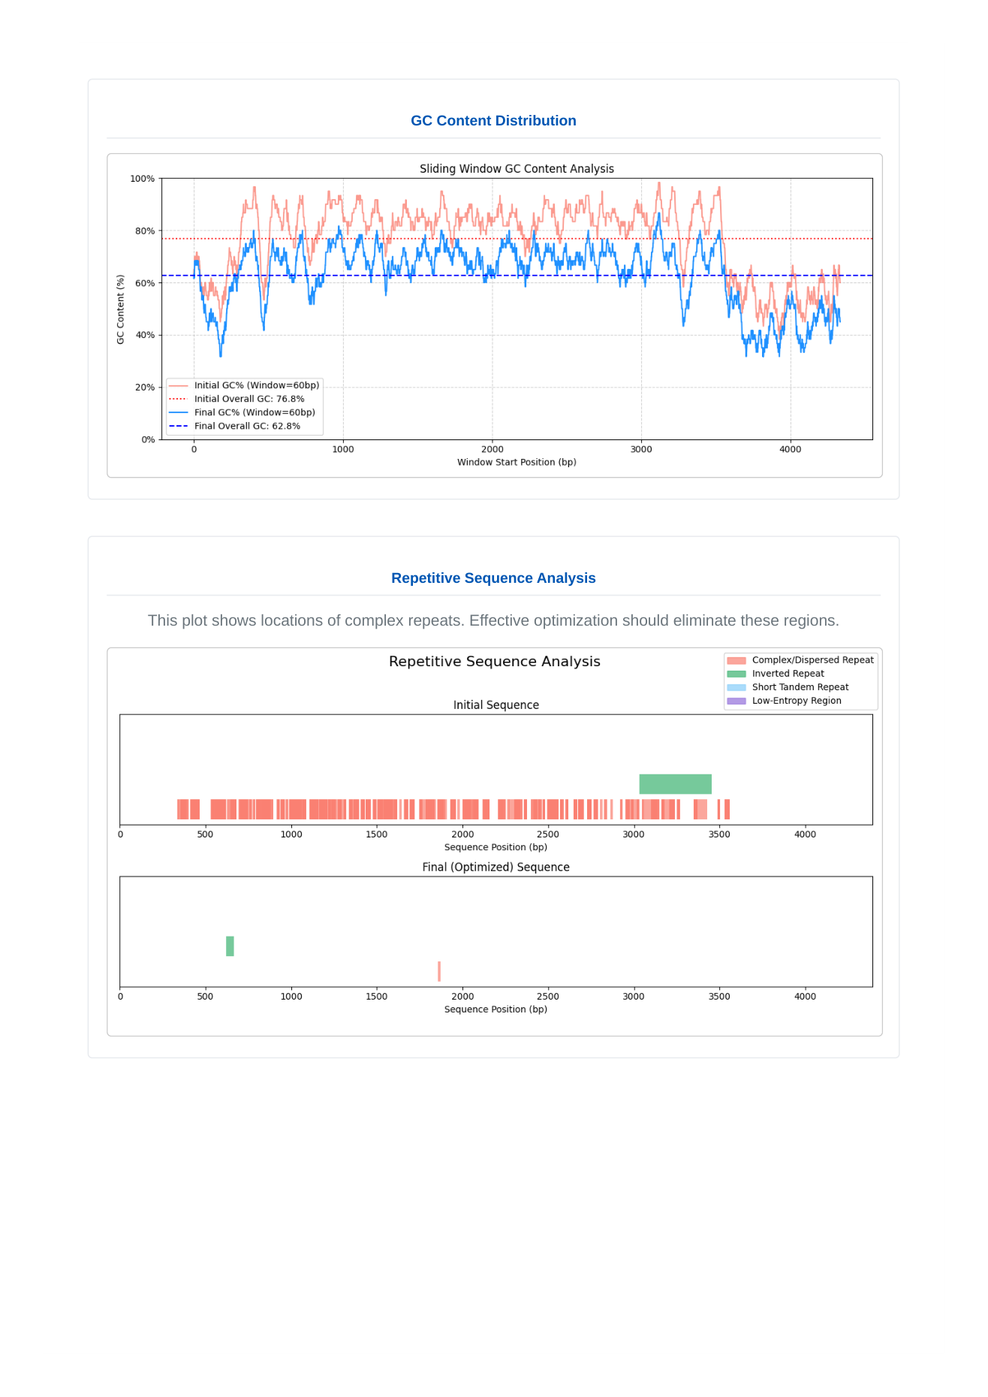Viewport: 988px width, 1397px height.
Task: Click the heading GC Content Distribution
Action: [493, 121]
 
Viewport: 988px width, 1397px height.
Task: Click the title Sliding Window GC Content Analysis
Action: [517, 169]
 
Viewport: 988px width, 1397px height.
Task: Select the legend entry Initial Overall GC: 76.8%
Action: [249, 399]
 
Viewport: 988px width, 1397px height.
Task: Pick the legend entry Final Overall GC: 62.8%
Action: [246, 426]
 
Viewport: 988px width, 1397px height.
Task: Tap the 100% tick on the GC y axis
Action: [143, 179]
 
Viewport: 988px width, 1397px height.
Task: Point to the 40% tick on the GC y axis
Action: [145, 335]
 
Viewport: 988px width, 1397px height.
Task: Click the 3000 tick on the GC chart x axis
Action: [641, 449]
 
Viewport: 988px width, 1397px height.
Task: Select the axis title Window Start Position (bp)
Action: [517, 462]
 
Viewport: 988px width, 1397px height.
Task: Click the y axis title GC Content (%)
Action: [120, 309]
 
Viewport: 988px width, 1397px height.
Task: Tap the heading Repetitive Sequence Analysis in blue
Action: [493, 578]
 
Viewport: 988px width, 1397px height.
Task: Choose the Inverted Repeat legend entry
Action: [788, 674]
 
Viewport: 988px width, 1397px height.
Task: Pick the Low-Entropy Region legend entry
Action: [796, 701]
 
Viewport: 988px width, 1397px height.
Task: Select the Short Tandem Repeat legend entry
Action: [800, 687]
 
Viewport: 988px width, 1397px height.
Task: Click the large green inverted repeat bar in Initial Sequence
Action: [675, 784]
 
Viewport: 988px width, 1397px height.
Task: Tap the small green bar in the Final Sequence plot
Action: [230, 946]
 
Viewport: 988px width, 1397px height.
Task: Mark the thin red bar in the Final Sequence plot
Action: [439, 971]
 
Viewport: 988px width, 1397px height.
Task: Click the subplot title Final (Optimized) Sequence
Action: [496, 867]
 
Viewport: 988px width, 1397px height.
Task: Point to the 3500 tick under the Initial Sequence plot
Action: [719, 834]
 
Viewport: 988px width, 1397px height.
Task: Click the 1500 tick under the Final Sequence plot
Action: [377, 997]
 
